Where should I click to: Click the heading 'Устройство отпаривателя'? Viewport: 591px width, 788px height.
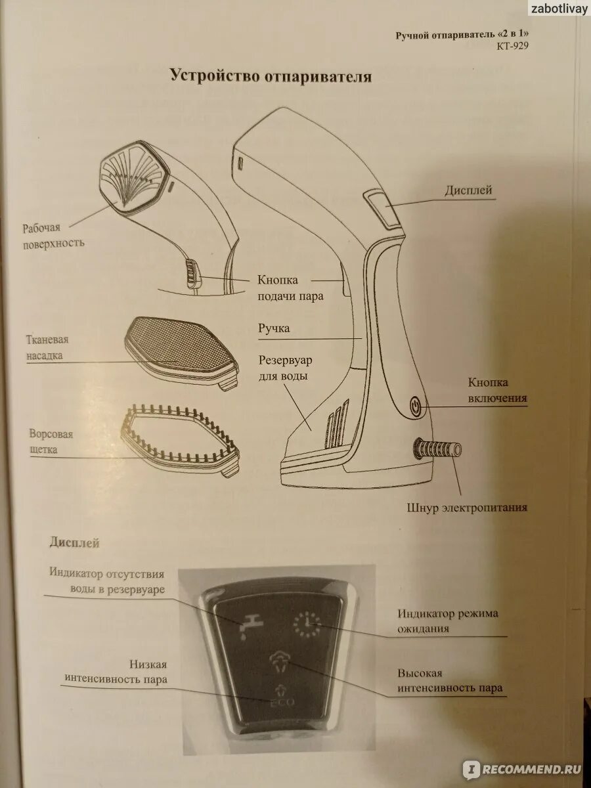[x=271, y=76]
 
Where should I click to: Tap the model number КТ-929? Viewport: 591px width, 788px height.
[x=512, y=46]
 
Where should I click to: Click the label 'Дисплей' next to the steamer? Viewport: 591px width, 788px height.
[x=468, y=190]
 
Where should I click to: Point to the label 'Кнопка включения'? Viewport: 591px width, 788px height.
[x=497, y=390]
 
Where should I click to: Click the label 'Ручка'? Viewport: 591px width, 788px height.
[x=274, y=328]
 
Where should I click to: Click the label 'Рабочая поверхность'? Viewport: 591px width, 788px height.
[x=54, y=235]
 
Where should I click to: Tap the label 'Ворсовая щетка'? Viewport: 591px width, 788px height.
[x=51, y=442]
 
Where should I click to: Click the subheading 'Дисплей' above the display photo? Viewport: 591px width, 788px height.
[x=74, y=543]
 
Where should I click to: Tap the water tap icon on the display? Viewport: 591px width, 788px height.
[x=244, y=625]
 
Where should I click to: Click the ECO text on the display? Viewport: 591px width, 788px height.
[x=278, y=702]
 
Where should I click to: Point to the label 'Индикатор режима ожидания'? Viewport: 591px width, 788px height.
[x=448, y=621]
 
